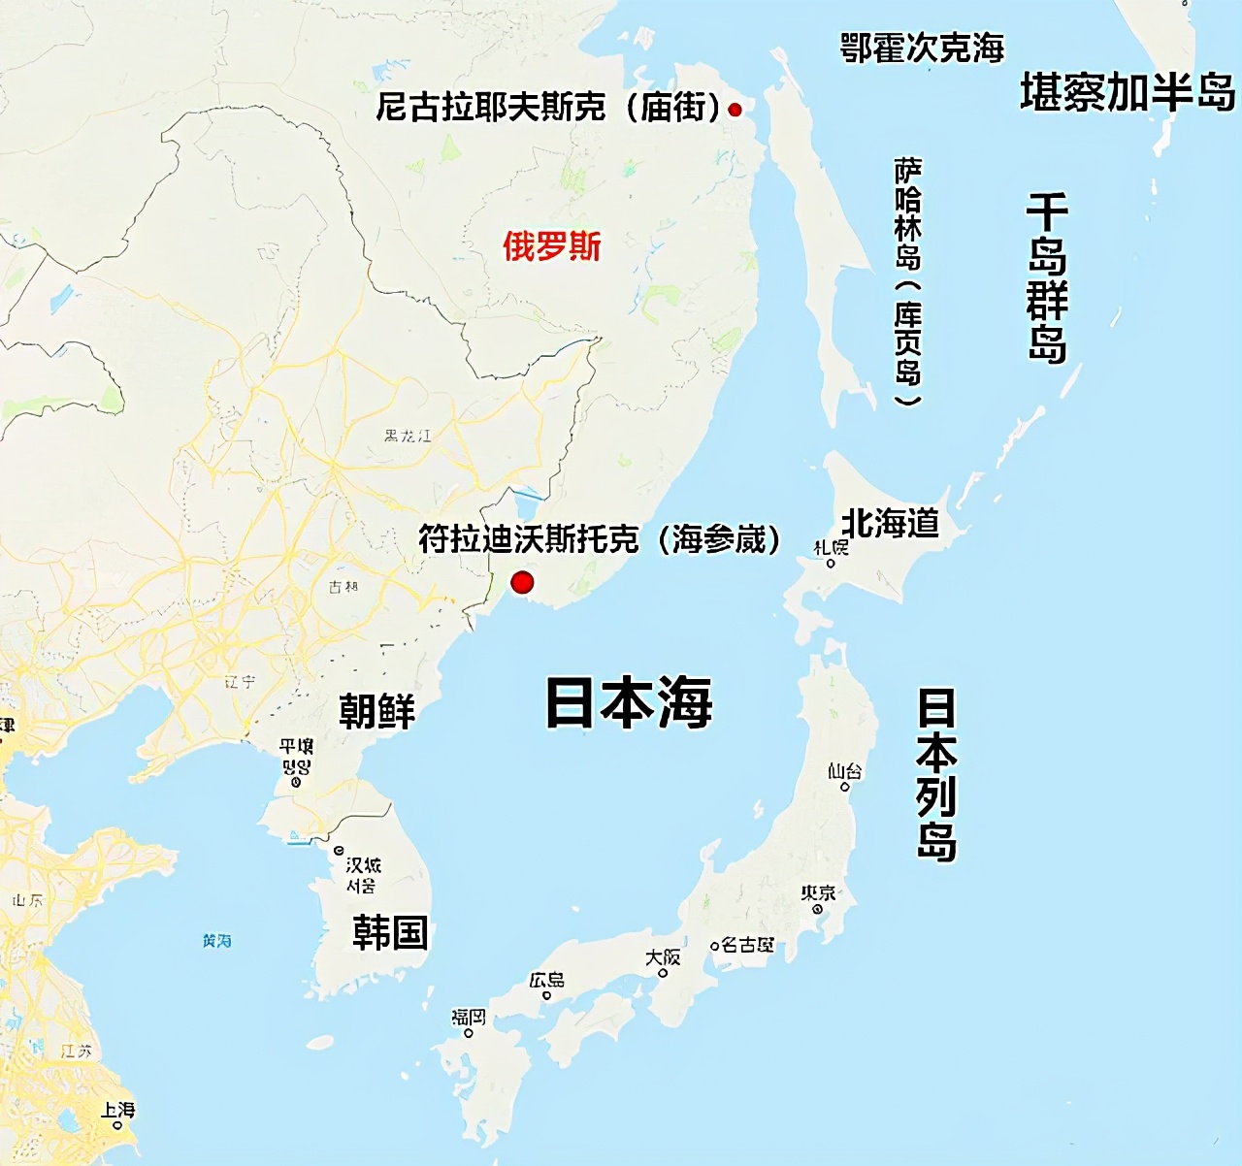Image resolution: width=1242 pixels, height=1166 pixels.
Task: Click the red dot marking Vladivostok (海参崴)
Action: click(522, 582)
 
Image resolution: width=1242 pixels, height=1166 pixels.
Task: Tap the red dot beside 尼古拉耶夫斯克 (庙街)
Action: click(735, 110)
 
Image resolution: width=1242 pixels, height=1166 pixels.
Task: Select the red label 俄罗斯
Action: click(551, 246)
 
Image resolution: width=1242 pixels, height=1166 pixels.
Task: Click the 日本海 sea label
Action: click(629, 702)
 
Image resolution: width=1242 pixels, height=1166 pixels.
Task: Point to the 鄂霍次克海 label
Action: click(922, 48)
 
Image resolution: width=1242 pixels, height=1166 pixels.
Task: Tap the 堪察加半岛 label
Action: click(1128, 92)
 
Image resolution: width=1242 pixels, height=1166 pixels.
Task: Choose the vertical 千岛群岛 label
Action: click(1048, 277)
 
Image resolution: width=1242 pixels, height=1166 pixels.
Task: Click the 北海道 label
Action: click(891, 524)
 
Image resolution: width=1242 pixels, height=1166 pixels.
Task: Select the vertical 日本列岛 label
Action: click(937, 774)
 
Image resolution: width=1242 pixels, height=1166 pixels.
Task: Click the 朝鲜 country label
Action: click(377, 711)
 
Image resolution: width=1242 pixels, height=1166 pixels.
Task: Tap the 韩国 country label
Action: click(390, 933)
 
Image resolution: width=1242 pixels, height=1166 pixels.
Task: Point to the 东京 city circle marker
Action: click(818, 910)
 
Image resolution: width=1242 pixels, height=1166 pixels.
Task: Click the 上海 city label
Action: click(118, 1109)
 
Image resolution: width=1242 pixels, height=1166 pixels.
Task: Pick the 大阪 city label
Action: click(664, 957)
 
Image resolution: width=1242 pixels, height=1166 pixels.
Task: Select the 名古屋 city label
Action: click(748, 944)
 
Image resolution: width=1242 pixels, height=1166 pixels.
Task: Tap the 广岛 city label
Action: click(547, 980)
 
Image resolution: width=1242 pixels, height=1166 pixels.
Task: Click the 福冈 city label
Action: click(469, 1017)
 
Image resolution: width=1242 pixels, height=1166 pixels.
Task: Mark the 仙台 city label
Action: click(844, 771)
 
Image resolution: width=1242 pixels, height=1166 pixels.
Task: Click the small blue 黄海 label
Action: click(217, 940)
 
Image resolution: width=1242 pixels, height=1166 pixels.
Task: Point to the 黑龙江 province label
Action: click(408, 436)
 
